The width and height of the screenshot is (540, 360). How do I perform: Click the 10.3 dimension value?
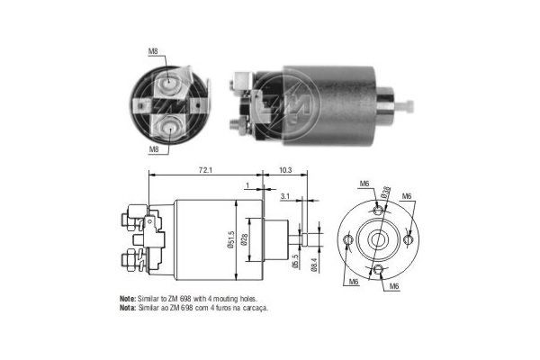pos(286,168)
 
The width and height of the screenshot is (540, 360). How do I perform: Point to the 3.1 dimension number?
pos(285,195)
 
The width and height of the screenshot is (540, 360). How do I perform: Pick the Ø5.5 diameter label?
pos(294,262)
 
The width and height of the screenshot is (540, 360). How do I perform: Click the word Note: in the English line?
pos(129,298)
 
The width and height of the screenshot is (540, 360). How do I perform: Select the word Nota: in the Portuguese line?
pos(129,307)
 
